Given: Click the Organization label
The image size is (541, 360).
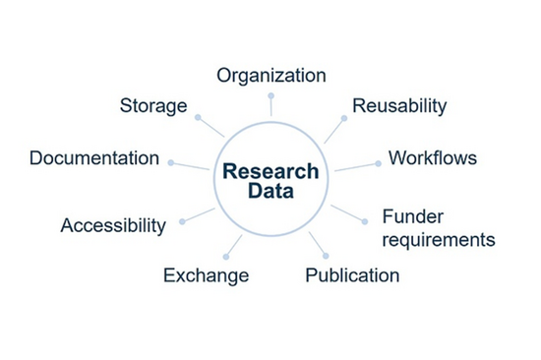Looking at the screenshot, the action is coord(270,76).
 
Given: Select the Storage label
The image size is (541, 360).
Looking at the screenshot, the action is coord(153,105).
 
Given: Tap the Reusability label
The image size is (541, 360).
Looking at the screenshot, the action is coord(399,105).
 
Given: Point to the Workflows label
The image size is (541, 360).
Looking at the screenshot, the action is coord(433,157).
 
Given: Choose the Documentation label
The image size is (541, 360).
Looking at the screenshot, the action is coord(94,158).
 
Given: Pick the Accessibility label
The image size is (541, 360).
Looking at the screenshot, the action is coord(113,225).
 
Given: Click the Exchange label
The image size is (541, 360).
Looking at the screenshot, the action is coord(206,275).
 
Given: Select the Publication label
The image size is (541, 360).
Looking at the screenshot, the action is coord(352,275).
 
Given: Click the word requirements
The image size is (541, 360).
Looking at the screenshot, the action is coord(439,239).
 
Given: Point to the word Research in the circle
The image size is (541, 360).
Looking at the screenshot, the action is coord(270,171).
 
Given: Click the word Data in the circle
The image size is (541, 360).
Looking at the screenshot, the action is coord(270,192).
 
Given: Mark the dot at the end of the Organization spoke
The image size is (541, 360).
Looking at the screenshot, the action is coord(270,95).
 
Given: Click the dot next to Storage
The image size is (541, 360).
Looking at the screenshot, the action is coord(198,117).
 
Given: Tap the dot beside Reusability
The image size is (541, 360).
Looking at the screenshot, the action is coord(344,118).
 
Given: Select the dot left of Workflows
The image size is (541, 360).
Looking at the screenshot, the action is coord(378,163).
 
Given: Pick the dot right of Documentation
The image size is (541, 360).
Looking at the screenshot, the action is coord(170,162).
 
